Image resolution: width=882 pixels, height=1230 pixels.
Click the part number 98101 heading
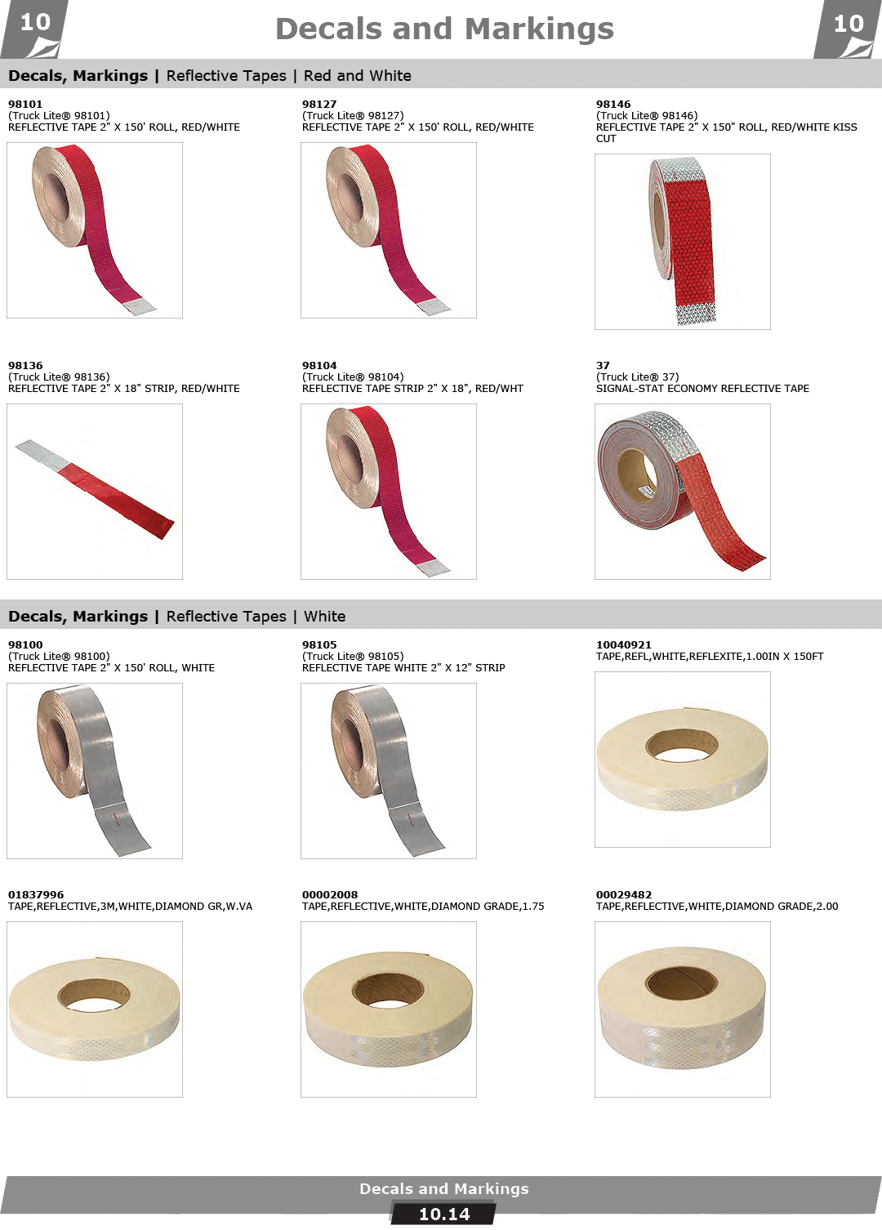pyautogui.click(x=25, y=104)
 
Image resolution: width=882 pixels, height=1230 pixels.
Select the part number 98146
pyautogui.click(x=613, y=104)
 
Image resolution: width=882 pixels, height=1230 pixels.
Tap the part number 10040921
pyautogui.click(x=624, y=644)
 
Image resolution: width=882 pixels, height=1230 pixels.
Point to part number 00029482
pyautogui.click(x=624, y=894)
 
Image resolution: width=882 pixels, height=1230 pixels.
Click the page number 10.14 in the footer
pyautogui.click(x=444, y=1214)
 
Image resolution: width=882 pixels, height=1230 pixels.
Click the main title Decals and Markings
pyautogui.click(x=444, y=29)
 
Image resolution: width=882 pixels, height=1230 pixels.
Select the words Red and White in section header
pyautogui.click(x=358, y=75)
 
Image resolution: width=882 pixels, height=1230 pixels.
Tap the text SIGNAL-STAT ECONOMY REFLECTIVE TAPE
pyautogui.click(x=702, y=388)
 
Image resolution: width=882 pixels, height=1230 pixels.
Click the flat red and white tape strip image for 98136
pyautogui.click(x=95, y=488)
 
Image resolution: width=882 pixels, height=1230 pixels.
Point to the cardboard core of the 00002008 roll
pyautogui.click(x=388, y=992)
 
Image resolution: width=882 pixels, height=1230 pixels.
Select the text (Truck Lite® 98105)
pyautogui.click(x=353, y=656)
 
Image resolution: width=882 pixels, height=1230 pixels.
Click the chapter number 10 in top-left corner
pyautogui.click(x=35, y=23)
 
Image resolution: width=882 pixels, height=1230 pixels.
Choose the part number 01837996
pyautogui.click(x=36, y=894)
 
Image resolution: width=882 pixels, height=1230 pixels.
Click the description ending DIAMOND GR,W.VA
pyautogui.click(x=130, y=906)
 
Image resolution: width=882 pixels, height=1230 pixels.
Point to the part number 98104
pyautogui.click(x=319, y=365)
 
